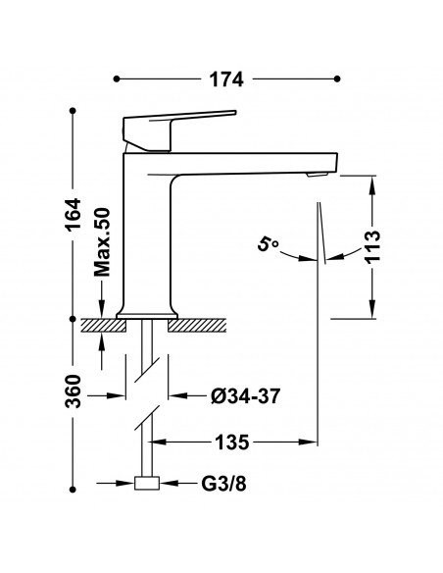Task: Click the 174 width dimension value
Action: point(226,79)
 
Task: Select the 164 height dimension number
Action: point(73,214)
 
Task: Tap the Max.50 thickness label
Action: point(102,242)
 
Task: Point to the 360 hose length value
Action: point(73,391)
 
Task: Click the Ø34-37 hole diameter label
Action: point(246,395)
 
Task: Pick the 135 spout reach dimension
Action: point(232,443)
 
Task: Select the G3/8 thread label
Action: point(223,484)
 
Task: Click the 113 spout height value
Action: point(372,245)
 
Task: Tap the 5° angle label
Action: point(268,244)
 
